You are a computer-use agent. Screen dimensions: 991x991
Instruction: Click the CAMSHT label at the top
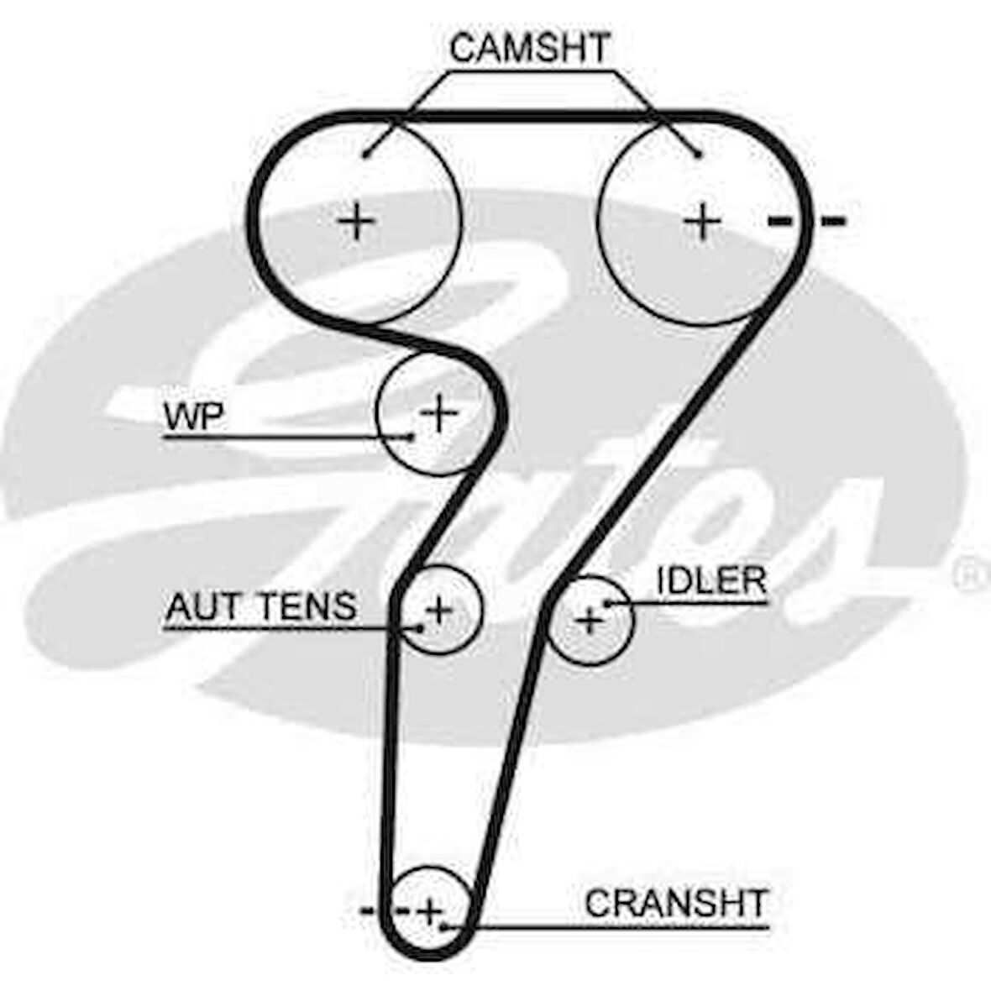tap(528, 49)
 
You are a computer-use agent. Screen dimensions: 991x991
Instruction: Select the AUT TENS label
tap(261, 606)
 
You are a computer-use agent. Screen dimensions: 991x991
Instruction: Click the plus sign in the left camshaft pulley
tap(357, 222)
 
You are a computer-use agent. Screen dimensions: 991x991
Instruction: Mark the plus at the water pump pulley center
tap(438, 412)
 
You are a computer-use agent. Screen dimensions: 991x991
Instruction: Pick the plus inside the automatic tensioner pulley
tap(438, 608)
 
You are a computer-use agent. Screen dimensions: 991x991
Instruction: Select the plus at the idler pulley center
tap(590, 621)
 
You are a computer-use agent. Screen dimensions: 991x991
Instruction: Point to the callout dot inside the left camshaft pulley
tap(367, 154)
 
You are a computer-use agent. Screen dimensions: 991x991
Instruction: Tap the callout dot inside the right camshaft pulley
tap(697, 154)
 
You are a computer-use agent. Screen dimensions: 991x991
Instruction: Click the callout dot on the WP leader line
tap(410, 436)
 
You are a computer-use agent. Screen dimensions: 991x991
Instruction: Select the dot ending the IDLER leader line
tap(606, 603)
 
